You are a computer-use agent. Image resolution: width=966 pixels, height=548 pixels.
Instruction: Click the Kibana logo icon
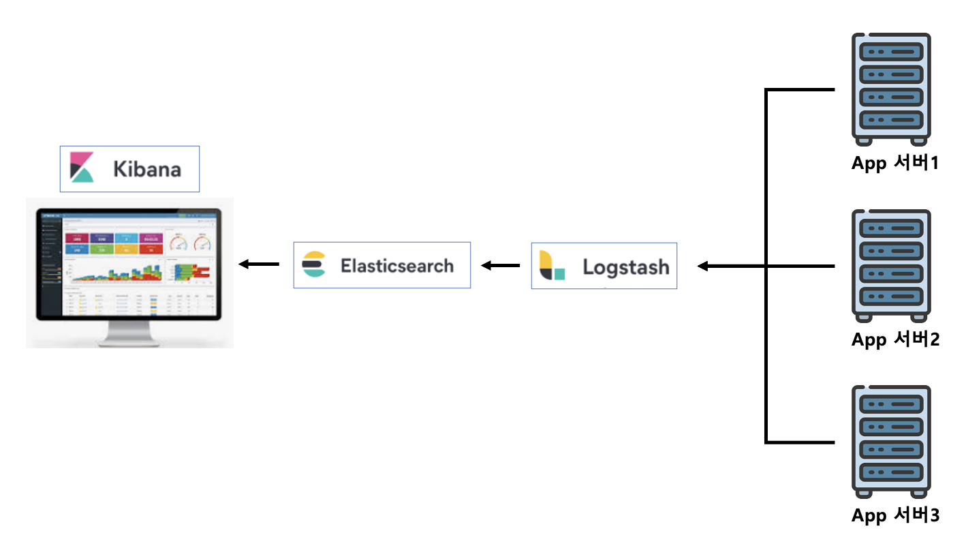pyautogui.click(x=82, y=168)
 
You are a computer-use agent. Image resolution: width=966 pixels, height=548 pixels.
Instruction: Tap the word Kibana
pyautogui.click(x=147, y=168)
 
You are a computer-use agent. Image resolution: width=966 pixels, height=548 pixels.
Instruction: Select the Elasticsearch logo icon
pyautogui.click(x=314, y=264)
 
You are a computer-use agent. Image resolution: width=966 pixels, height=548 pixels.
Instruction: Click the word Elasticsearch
pyautogui.click(x=397, y=265)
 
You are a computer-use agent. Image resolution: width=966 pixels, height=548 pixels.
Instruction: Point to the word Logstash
pyautogui.click(x=625, y=267)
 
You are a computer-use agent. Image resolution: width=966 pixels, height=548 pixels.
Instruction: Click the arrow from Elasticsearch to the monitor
pyautogui.click(x=259, y=264)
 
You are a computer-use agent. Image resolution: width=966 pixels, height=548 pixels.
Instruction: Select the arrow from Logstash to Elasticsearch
pyautogui.click(x=501, y=265)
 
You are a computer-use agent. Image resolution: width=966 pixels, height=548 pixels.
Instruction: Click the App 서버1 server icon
pyautogui.click(x=891, y=89)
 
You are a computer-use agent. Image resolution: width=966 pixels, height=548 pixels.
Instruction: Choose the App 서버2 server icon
pyautogui.click(x=891, y=266)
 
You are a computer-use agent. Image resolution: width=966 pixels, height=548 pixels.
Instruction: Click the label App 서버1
pyautogui.click(x=895, y=164)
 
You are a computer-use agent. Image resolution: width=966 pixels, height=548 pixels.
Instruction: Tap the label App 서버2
pyautogui.click(x=895, y=339)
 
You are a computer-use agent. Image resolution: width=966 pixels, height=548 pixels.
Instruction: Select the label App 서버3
pyautogui.click(x=895, y=516)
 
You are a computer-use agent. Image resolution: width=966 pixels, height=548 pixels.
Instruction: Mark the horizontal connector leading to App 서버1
pyautogui.click(x=800, y=89)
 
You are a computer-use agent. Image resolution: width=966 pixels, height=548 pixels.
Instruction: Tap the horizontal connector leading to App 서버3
pyautogui.click(x=800, y=442)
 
